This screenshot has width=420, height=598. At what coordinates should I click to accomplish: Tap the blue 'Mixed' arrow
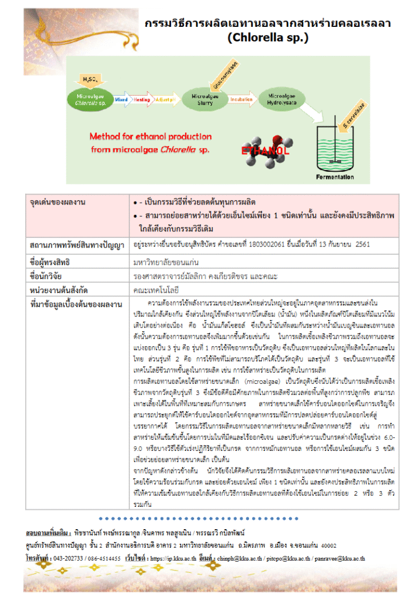pyautogui.click(x=122, y=100)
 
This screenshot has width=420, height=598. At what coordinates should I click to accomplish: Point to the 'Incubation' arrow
pyautogui.click(x=241, y=100)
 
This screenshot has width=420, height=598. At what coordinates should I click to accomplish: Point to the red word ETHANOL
pyautogui.click(x=265, y=152)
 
